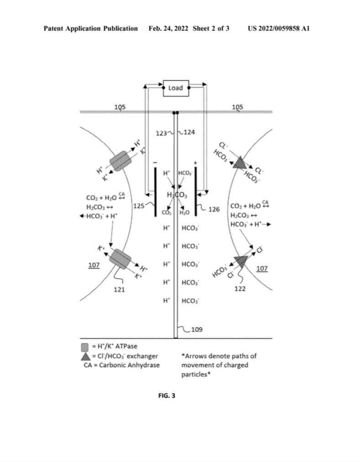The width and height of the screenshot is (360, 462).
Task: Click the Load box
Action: [x=176, y=88]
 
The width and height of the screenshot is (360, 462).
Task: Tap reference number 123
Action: [x=161, y=133]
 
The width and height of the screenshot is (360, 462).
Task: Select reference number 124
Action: [x=189, y=132]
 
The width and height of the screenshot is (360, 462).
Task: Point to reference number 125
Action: [x=139, y=206]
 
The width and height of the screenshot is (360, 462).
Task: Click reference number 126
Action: [x=214, y=209]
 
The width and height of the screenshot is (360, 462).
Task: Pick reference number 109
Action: [x=197, y=329]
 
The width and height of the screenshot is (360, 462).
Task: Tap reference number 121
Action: [x=120, y=290]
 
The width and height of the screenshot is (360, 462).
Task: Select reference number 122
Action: [x=240, y=289]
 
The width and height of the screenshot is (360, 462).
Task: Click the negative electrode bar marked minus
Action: [x=156, y=192]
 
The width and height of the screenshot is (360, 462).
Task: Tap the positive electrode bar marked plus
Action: [x=195, y=192]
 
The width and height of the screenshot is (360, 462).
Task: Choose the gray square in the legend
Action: [x=85, y=347]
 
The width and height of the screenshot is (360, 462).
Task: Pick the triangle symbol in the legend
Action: [x=85, y=356]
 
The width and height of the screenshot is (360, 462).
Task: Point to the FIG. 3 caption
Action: [x=167, y=396]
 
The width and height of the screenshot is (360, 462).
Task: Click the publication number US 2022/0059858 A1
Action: [x=279, y=29]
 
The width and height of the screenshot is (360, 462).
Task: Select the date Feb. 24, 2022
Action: [x=168, y=29]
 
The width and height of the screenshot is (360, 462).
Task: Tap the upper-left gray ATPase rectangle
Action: [x=120, y=161]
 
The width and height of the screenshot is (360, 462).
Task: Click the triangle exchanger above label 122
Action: [x=241, y=261]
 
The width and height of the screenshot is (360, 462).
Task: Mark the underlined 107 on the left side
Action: [x=94, y=265]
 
